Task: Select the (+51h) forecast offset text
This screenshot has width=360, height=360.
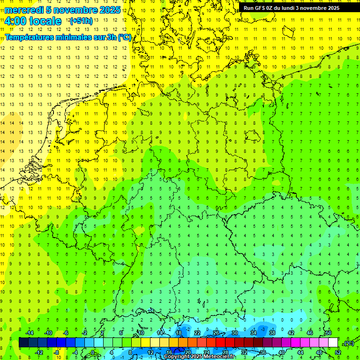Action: click(x=81, y=21)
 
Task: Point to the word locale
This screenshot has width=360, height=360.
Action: click(x=45, y=21)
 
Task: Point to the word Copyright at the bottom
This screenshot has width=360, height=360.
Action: click(x=178, y=357)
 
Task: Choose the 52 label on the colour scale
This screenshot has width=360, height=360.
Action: click(x=337, y=352)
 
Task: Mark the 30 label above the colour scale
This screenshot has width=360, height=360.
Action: click(x=234, y=333)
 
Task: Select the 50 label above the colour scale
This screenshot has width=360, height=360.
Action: click(x=328, y=333)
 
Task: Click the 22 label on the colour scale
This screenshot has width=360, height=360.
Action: click(x=197, y=333)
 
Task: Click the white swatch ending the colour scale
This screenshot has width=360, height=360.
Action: click(x=333, y=343)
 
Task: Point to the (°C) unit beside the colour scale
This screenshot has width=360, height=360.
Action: click(x=348, y=343)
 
